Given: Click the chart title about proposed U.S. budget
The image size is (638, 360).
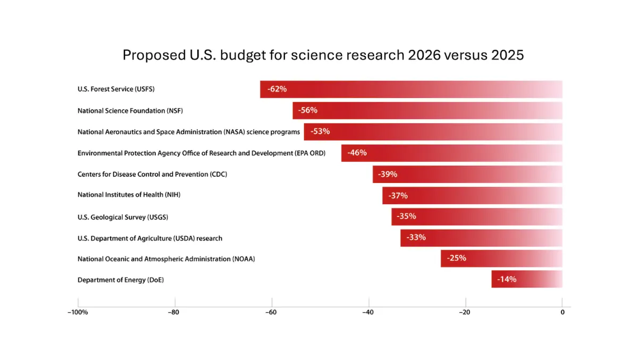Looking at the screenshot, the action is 323,55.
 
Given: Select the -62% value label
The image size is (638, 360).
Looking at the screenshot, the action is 277,89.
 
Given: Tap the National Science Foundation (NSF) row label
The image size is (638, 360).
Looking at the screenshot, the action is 130,111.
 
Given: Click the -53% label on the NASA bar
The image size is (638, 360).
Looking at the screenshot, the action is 320,131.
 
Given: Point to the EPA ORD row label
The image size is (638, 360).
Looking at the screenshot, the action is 202,153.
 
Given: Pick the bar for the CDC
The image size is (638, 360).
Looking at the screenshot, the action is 467,174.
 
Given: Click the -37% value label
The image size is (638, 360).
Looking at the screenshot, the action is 398,196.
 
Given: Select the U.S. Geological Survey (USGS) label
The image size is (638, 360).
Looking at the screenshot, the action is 123,217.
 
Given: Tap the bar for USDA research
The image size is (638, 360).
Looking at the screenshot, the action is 481,238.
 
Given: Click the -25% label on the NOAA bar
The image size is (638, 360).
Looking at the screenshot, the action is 457,258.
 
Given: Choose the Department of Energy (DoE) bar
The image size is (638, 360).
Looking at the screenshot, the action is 527,279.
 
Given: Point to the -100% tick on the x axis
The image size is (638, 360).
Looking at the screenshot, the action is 78,313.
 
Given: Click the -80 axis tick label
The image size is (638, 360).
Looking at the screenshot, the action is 173,313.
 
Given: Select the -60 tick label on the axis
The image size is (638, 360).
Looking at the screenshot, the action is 271,313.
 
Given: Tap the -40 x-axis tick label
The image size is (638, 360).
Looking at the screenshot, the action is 368,313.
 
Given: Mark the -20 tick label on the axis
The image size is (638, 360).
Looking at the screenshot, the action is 465,313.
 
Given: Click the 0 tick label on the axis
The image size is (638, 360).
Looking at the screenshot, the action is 563,313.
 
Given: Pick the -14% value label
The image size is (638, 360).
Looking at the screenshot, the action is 507,279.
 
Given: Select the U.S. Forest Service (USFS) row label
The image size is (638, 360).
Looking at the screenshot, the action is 116,89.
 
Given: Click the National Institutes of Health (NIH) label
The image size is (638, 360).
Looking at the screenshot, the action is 129,195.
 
